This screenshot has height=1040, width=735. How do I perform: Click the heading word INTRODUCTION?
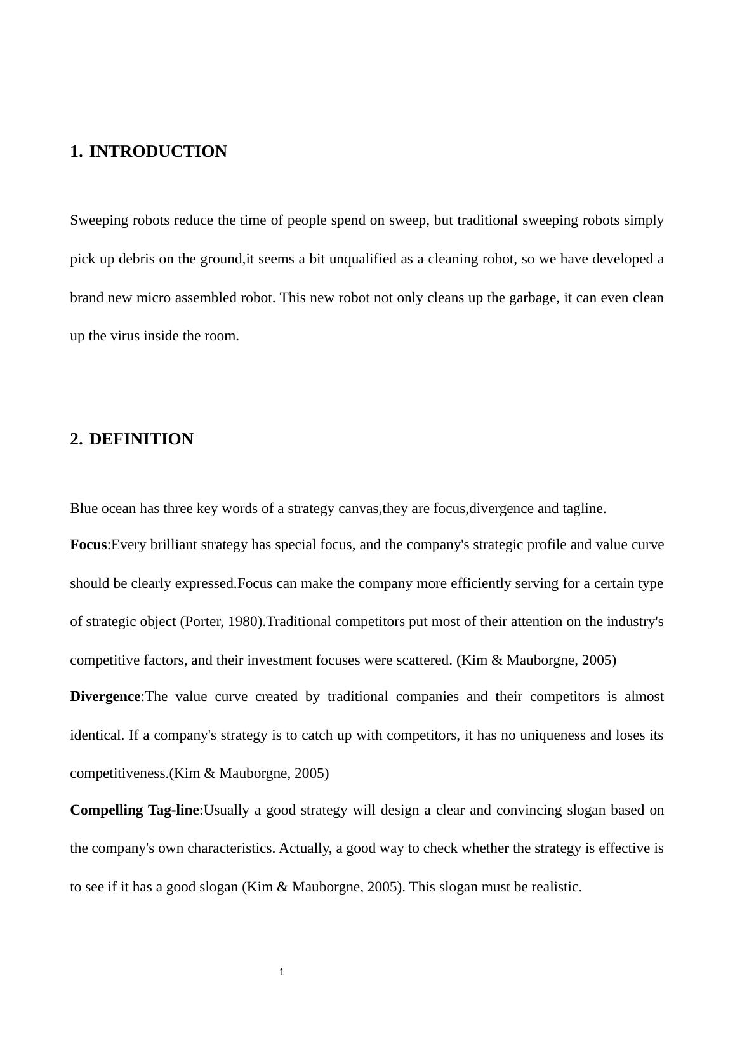click(158, 152)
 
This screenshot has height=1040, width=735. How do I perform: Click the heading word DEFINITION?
click(141, 439)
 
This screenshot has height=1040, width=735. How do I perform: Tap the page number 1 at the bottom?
click(281, 972)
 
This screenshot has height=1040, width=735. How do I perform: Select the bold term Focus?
click(88, 545)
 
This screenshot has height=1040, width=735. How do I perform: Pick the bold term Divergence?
click(105, 697)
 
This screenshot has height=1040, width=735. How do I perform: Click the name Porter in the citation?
click(202, 622)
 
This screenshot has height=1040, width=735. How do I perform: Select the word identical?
click(96, 735)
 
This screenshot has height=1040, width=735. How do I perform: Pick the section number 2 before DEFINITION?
click(76, 439)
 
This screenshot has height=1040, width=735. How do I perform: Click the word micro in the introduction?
click(154, 298)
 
